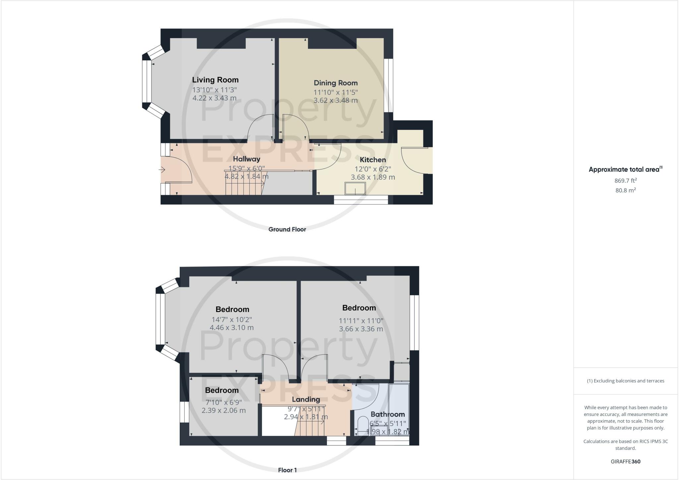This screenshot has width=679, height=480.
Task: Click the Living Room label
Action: pos(215,80)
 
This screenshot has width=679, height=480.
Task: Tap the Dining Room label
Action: pos(336,83)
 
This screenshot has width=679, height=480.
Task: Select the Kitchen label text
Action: pos(373,160)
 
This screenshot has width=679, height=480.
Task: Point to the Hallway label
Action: pos(246,159)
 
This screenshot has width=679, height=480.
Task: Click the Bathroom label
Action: pos(388,414)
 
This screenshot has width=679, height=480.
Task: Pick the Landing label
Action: pos(306,399)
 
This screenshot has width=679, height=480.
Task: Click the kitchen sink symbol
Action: pos(355,188)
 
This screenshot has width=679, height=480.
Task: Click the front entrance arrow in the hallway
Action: pos(162,170)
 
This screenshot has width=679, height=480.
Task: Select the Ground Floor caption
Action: pos(287,229)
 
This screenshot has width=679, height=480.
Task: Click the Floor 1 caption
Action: pos(287,470)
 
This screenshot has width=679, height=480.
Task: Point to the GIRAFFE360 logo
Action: pos(626,461)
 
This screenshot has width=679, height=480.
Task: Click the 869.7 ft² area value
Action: pos(626,181)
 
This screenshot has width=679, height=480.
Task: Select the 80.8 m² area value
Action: pos(626,190)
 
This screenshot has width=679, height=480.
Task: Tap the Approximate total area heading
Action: pos(626,169)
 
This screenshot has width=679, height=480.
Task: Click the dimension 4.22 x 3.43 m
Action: pos(215,98)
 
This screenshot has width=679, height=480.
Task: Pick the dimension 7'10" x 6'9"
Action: pos(222,402)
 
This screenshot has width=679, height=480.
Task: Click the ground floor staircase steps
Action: pos(244,183)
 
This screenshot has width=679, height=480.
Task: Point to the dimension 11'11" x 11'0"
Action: pos(361,321)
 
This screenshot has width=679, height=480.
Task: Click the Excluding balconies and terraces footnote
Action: pos(626,381)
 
